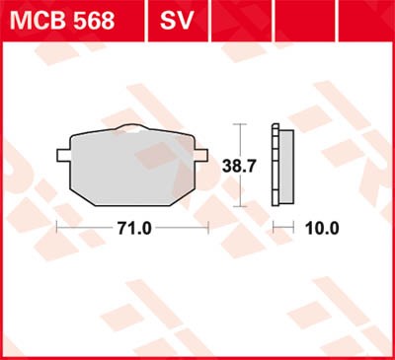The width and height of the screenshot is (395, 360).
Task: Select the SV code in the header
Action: tap(176, 21)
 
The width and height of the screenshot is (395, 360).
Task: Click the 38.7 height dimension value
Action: tap(239, 167)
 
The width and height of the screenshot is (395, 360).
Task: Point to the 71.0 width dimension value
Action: tap(134, 228)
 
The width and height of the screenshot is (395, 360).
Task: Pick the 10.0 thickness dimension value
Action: tap(322, 228)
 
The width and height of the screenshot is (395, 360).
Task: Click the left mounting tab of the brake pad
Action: tap(63, 155)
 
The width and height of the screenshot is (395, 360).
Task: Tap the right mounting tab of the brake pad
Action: tap(201, 155)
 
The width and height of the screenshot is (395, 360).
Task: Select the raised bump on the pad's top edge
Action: tap(132, 127)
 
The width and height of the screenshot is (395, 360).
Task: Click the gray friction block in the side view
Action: tap(286, 167)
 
